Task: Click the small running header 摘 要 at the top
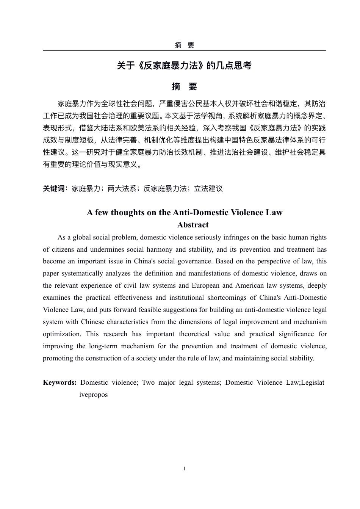point(184,45)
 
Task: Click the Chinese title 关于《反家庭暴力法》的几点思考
point(184,66)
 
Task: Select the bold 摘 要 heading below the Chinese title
point(184,87)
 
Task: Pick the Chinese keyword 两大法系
point(122,188)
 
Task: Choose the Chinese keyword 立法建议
point(208,188)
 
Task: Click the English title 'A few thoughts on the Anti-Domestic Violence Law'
point(185,212)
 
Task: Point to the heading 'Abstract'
point(193,225)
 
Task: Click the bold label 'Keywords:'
point(60,382)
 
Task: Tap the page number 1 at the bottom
point(184,469)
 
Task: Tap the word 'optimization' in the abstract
point(62,334)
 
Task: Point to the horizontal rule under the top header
point(184,50)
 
